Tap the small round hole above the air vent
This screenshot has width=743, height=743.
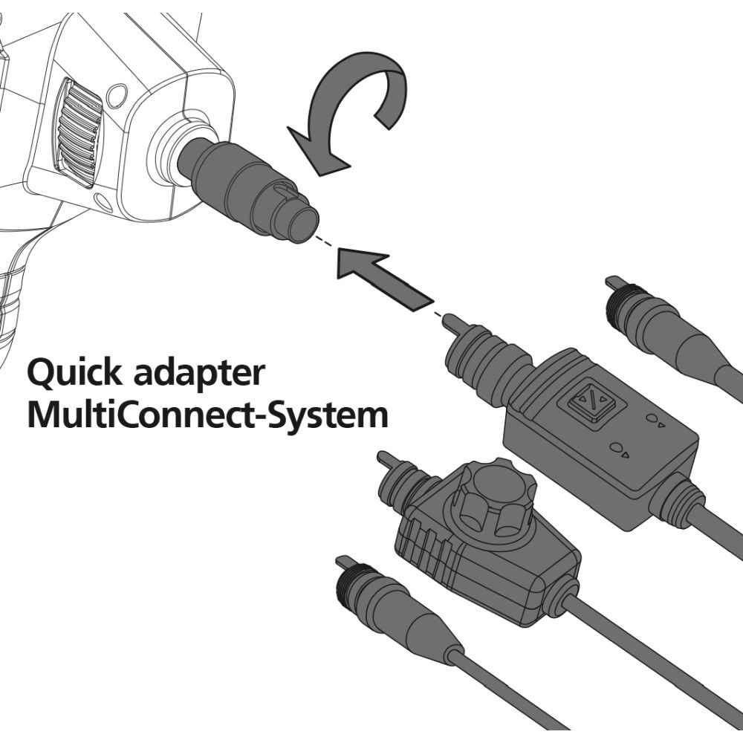116,95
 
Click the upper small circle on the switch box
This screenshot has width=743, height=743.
652,418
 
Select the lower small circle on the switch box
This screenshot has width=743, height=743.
616,448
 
